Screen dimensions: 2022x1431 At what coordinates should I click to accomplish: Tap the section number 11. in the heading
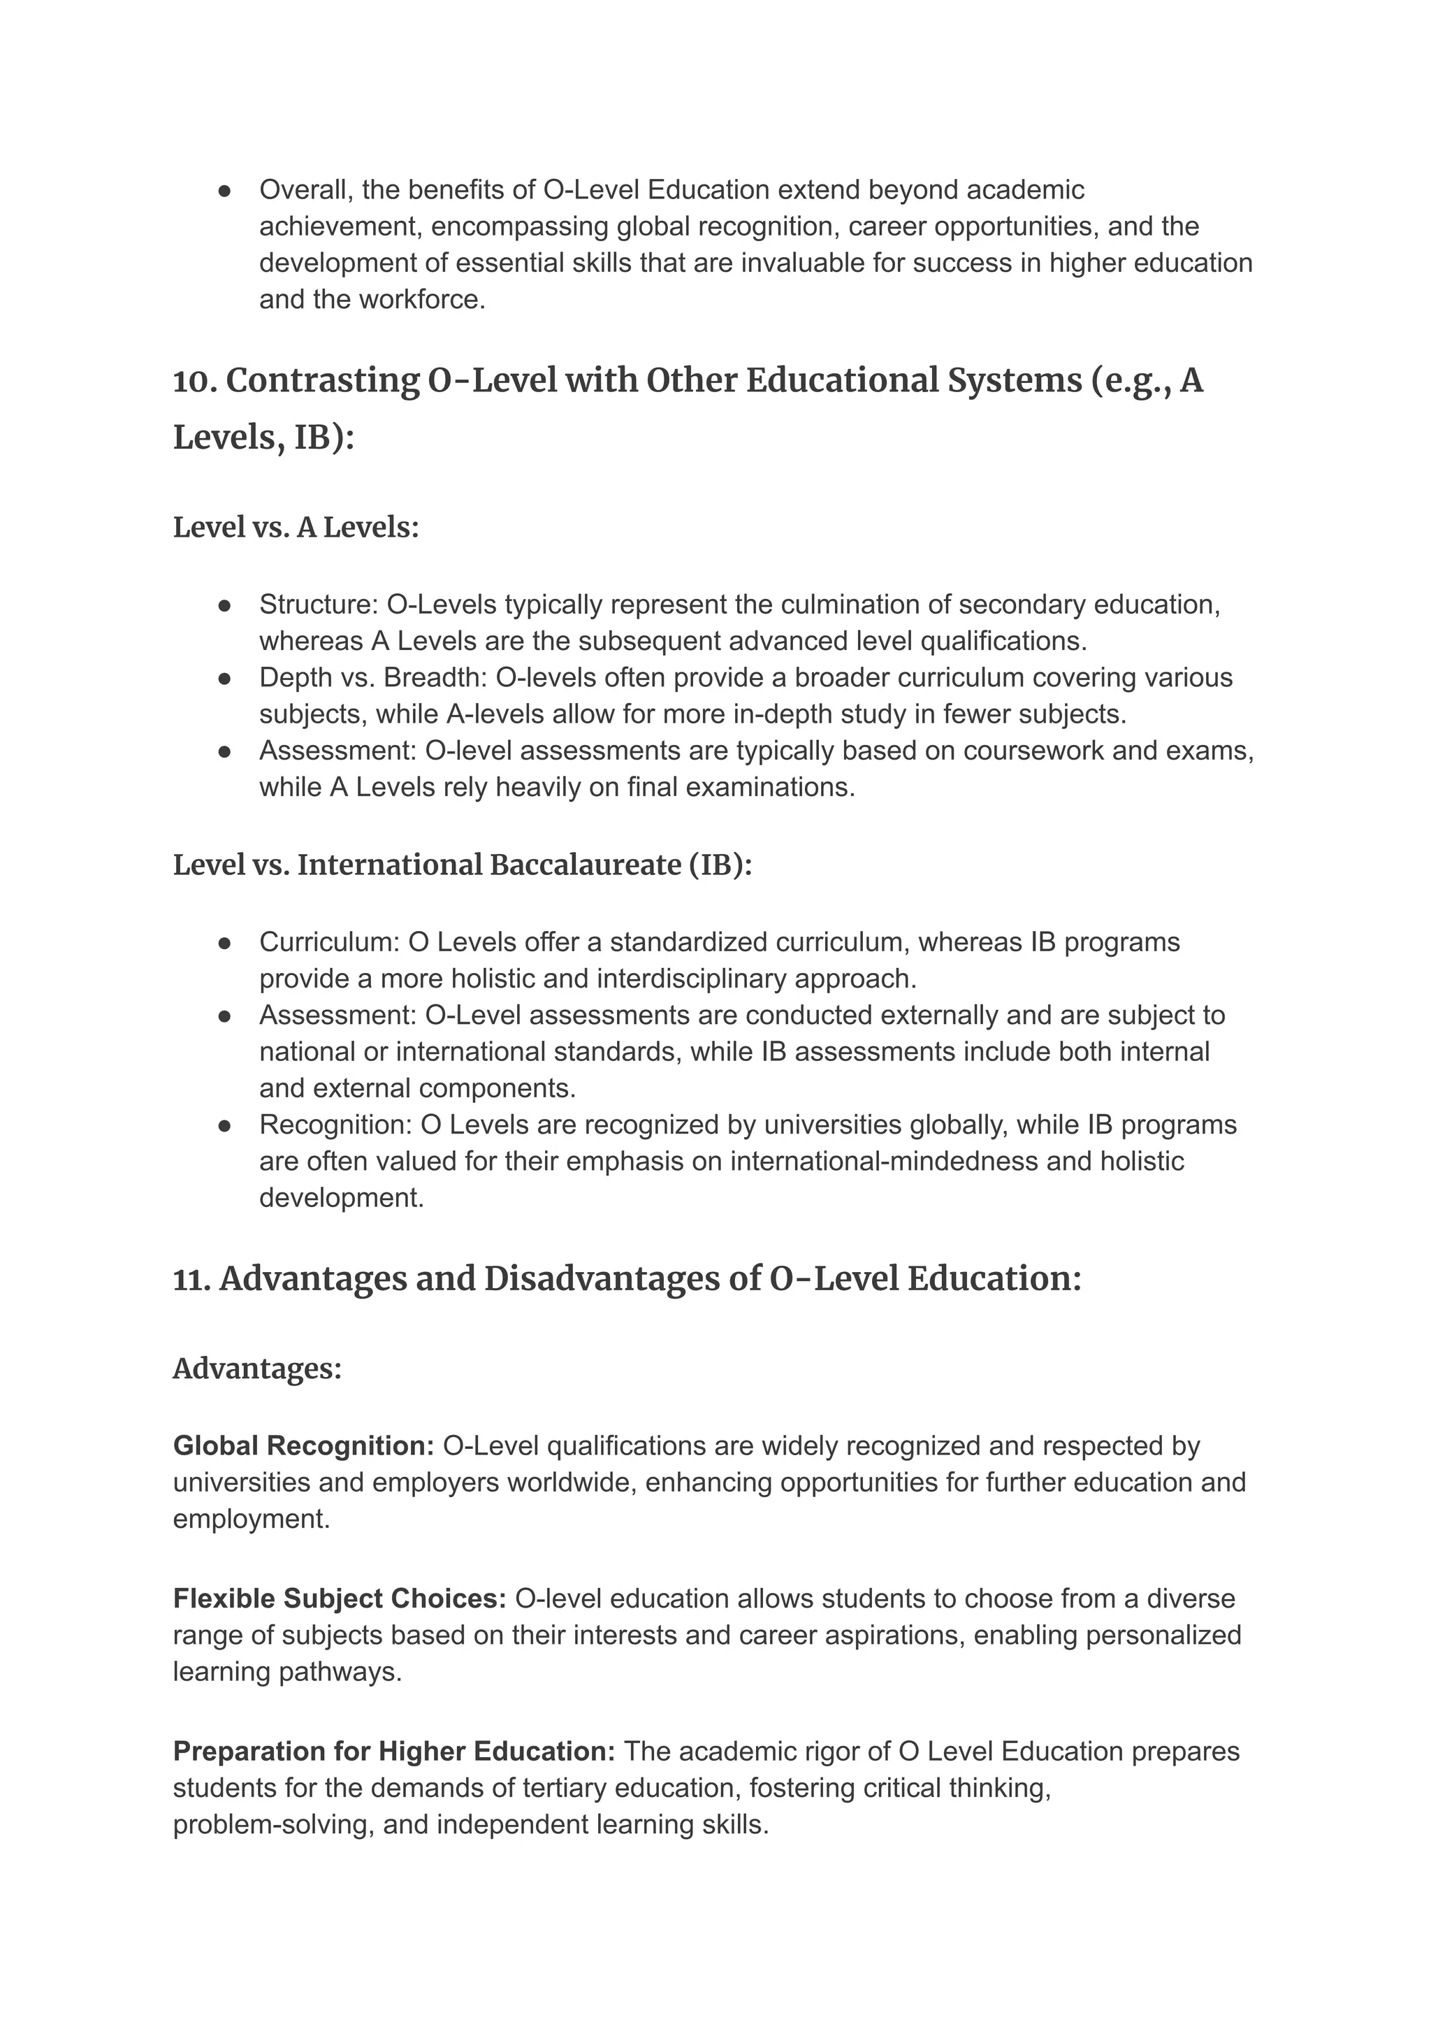tap(191, 1279)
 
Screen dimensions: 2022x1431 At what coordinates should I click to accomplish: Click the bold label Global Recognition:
tap(303, 1445)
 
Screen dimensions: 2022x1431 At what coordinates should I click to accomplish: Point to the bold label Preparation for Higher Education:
tap(394, 1751)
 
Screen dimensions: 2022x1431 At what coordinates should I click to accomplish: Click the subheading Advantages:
tap(256, 1369)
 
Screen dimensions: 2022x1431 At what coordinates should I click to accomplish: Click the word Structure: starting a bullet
tap(318, 605)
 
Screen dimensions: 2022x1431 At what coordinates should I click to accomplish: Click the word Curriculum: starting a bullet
tap(330, 942)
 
